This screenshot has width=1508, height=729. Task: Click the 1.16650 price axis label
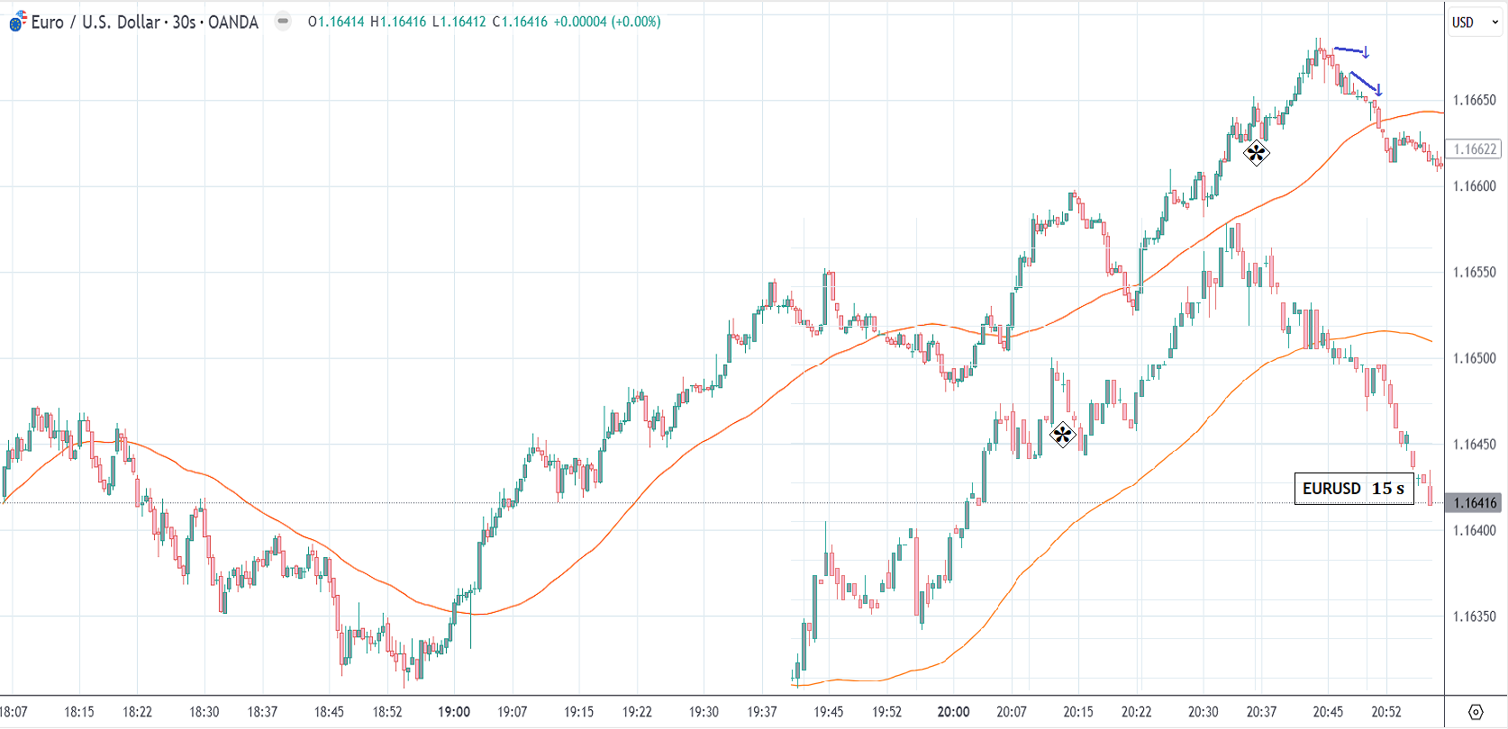tap(1474, 100)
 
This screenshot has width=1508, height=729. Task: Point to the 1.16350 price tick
tap(1474, 616)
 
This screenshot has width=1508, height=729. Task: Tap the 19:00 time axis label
tap(454, 712)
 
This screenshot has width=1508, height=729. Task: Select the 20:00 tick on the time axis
tap(953, 712)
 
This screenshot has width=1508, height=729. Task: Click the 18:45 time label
tap(329, 712)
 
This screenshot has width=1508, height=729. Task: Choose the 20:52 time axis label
tap(1386, 712)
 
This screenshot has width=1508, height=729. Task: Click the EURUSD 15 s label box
tap(1353, 489)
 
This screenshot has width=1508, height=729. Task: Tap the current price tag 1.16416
tap(1474, 503)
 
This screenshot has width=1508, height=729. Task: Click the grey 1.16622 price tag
tap(1474, 149)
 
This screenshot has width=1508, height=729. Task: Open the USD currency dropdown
tap(1474, 22)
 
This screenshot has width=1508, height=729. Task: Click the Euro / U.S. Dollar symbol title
tap(144, 22)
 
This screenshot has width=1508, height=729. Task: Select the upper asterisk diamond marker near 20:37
tap(1256, 154)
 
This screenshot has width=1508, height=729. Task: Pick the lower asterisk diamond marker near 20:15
tap(1063, 436)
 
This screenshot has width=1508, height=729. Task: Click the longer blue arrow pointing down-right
tap(1366, 84)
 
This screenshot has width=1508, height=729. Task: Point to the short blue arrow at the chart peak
tap(1351, 50)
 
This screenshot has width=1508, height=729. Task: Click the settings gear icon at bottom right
tap(1476, 712)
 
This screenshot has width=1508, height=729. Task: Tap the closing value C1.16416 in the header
tap(520, 22)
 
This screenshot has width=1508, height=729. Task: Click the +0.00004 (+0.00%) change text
tap(607, 22)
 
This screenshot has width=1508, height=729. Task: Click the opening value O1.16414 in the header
tap(336, 22)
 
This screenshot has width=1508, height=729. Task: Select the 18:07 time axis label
tap(14, 712)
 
